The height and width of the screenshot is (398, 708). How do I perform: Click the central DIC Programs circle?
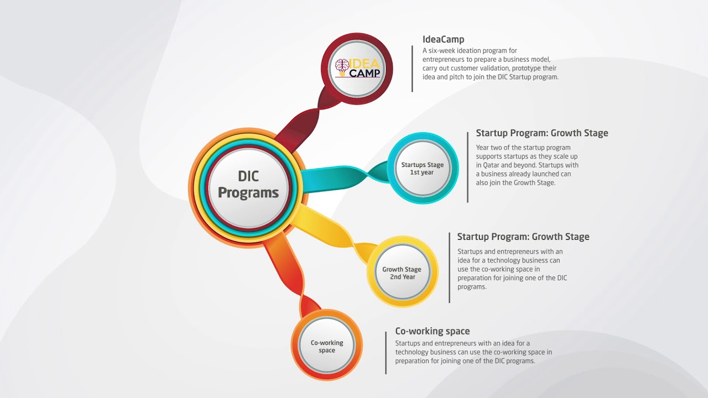[248, 185]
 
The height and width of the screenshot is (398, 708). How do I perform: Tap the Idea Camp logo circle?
[357, 69]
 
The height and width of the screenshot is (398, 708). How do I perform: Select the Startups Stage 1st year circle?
[422, 168]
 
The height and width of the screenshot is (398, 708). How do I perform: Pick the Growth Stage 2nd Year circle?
[402, 273]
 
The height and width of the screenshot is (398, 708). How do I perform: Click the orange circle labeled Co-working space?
[327, 346]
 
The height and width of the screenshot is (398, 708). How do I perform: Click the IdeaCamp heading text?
[443, 39]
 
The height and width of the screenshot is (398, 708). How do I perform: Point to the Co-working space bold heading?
[432, 331]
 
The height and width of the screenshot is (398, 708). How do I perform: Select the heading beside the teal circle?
[542, 133]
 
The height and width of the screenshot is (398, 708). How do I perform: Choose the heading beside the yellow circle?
[523, 237]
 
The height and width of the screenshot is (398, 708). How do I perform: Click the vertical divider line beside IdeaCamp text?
[412, 69]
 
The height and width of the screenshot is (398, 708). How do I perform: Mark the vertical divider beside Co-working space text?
[386, 353]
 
